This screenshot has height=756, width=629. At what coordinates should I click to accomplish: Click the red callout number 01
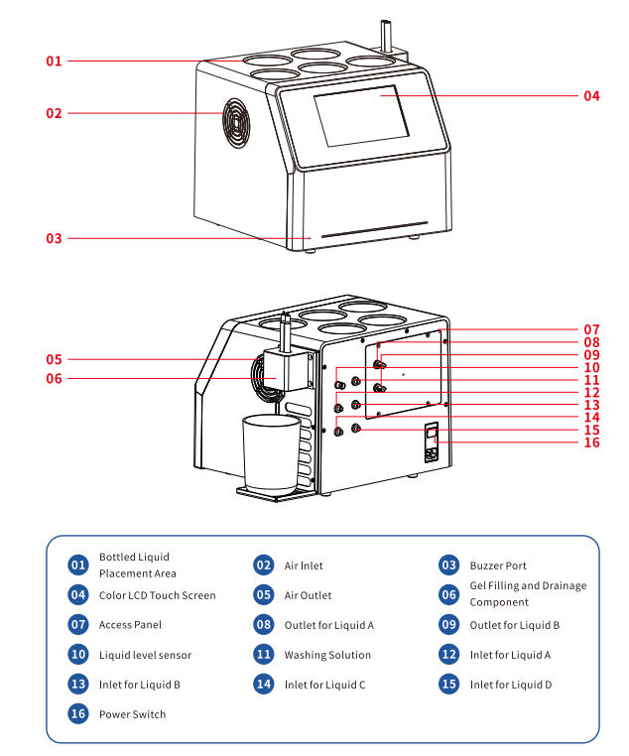(x=54, y=62)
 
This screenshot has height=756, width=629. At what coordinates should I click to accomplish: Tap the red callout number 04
(x=591, y=96)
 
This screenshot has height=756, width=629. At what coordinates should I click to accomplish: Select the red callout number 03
(x=54, y=238)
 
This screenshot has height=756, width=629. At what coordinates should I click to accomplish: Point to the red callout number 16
(x=591, y=442)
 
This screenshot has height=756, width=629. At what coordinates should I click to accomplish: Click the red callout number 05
(x=54, y=359)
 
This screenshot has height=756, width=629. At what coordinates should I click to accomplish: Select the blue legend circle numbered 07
(x=78, y=625)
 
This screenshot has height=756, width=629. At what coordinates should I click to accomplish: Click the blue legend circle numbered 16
(x=78, y=714)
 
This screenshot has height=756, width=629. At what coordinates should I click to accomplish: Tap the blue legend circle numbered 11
(x=264, y=655)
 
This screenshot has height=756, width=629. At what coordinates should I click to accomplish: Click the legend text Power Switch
(x=132, y=714)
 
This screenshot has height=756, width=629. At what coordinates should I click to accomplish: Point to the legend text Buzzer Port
(x=498, y=566)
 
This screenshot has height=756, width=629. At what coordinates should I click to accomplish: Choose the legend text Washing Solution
(x=327, y=655)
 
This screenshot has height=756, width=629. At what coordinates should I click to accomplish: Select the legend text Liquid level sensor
(x=145, y=655)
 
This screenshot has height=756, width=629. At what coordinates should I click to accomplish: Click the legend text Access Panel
(x=130, y=625)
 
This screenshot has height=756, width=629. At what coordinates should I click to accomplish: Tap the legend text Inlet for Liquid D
(x=511, y=685)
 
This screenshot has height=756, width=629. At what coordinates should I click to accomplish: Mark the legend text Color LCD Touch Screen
(x=157, y=595)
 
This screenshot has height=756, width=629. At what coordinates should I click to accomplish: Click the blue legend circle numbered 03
(x=449, y=566)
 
